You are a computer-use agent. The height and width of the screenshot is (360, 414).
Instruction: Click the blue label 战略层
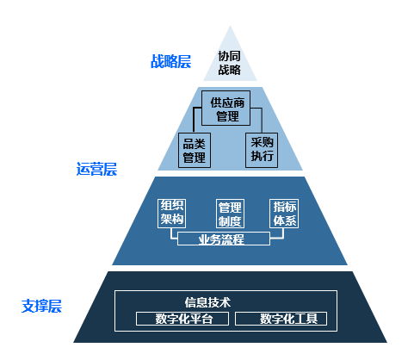tap(170, 61)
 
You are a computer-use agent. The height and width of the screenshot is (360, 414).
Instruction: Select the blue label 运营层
tap(96, 169)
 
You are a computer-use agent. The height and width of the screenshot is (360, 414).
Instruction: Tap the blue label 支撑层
tap(41, 306)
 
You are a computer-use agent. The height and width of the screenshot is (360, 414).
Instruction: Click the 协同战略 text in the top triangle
tap(229, 63)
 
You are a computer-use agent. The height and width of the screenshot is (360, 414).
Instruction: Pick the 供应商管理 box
tap(226, 109)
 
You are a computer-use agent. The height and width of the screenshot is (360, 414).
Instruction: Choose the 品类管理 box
tap(195, 150)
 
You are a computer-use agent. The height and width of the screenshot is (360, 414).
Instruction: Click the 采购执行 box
tap(262, 150)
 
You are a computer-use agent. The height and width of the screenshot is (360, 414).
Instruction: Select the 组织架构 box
tap(171, 214)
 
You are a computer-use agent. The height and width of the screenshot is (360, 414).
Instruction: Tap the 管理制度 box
tap(230, 214)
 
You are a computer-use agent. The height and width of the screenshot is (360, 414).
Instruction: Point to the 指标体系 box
tap(284, 214)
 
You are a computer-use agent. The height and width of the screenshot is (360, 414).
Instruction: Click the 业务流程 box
tap(224, 239)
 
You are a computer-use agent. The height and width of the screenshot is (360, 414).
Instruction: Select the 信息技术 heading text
tap(207, 302)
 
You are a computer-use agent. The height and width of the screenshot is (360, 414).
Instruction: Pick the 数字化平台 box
tap(182, 319)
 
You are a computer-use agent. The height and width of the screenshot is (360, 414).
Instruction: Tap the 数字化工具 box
tap(281, 319)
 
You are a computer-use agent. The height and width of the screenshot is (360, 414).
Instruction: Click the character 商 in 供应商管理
tap(238, 102)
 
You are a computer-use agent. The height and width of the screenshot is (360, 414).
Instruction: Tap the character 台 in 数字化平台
tap(207, 319)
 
